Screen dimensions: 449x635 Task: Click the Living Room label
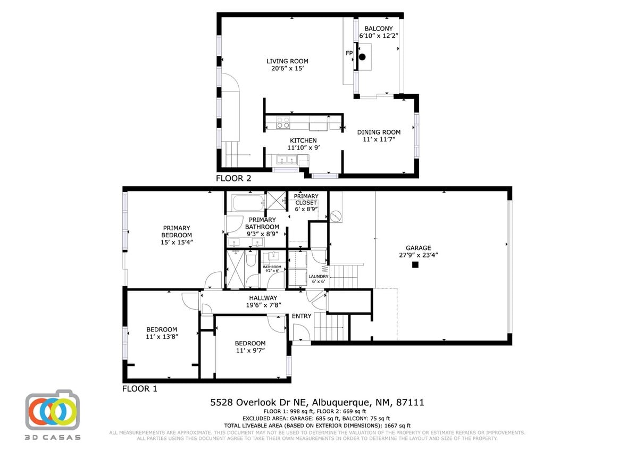coord(287,61)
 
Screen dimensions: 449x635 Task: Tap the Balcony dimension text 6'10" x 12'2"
coord(379,36)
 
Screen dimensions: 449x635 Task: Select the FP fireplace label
coord(349,53)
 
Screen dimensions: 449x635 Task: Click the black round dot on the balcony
coord(363,56)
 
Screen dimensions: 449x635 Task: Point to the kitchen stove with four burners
coord(283,123)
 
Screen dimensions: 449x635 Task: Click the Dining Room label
coord(379,132)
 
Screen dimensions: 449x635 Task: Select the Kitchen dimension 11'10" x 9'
coord(303,148)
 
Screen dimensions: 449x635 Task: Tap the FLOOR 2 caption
coord(233,179)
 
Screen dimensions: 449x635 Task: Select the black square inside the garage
coord(415,264)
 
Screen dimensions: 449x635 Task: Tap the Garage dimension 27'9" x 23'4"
coord(418,255)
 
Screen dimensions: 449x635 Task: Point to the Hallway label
coord(263,298)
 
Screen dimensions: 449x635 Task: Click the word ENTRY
coord(302,316)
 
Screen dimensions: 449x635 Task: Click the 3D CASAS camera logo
coord(53,411)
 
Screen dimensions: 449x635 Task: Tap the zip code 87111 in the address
coord(409,403)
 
